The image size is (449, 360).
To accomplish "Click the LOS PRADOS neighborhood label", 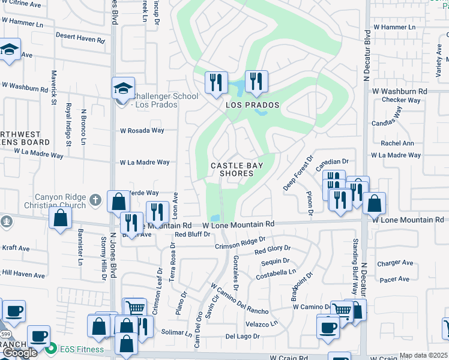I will pos(253,105).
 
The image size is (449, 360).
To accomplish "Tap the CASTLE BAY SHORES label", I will pos(232,169).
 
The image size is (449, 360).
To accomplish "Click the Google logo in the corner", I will pos(19,353).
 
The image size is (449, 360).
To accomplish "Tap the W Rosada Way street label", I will pos(142,130).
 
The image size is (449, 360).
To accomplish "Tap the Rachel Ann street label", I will pos(397,143).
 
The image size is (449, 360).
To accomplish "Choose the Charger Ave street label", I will pos(395,263).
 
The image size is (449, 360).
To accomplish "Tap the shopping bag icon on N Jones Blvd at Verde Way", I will pos(118,202).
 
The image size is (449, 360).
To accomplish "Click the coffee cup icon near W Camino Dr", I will pos(328,328).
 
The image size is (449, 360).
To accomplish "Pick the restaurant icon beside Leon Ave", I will pos(157,212).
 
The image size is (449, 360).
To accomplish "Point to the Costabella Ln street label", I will pos(276,272).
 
